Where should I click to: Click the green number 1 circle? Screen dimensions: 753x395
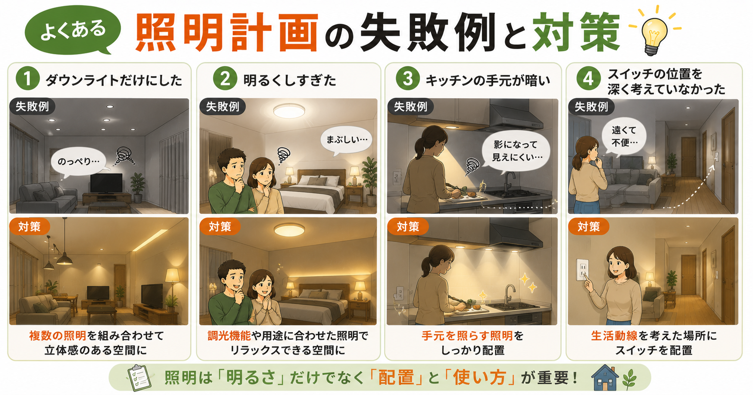27,80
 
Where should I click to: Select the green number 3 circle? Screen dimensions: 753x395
407,80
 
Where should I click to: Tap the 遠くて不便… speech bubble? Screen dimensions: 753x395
624,136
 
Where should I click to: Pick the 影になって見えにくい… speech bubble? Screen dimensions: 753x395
516,151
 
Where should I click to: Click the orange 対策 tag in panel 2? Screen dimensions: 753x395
219,226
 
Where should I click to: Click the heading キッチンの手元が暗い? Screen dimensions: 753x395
487,80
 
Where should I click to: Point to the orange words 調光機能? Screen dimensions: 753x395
229,335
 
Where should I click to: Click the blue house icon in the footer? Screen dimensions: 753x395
605,377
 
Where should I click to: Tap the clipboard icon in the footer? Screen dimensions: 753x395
139,378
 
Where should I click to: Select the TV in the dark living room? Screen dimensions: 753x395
106,183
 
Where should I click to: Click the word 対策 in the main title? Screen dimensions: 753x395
575,33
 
